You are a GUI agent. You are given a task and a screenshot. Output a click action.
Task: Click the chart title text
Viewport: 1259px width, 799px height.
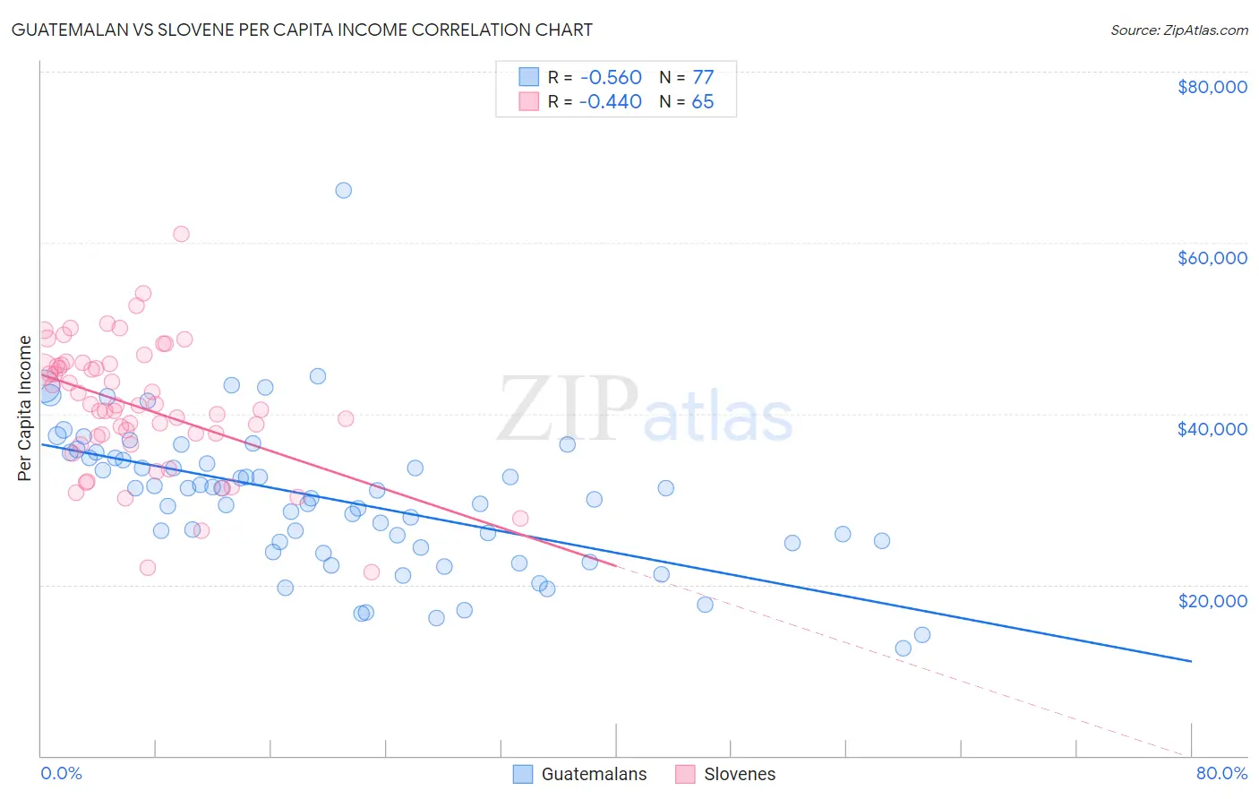pos(301,30)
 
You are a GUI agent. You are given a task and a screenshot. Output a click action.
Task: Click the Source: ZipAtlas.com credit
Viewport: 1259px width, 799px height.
pos(1178,30)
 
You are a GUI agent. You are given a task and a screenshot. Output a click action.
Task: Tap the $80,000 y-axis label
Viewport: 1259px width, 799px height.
pos(1212,87)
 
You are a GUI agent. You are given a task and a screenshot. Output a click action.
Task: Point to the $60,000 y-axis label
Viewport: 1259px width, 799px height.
pos(1212,258)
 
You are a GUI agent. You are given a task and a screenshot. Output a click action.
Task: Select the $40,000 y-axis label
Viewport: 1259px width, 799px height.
pos(1212,429)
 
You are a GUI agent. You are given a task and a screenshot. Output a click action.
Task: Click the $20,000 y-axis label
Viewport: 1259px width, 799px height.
pos(1212,600)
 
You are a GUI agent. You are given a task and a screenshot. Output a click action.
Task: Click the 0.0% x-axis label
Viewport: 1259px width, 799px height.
pos(61,773)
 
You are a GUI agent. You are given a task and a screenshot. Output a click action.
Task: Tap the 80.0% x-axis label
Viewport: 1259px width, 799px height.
pos(1221,773)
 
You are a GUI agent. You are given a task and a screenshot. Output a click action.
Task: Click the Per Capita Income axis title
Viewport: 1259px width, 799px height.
pos(25,408)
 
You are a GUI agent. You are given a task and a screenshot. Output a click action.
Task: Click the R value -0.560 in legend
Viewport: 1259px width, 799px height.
pos(610,77)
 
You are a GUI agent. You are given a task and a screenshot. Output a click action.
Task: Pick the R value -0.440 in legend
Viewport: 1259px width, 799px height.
pos(610,101)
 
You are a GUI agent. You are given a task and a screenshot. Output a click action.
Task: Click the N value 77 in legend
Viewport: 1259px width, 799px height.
pos(703,77)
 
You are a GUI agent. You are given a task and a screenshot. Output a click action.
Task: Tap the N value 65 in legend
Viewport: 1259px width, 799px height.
pos(703,101)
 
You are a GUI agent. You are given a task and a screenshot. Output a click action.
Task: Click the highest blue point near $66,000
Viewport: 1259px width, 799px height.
pos(343,190)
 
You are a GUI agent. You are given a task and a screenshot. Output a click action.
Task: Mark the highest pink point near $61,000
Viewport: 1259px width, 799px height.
pos(181,234)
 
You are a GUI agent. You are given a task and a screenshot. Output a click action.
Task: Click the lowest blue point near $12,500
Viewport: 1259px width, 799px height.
pos(903,648)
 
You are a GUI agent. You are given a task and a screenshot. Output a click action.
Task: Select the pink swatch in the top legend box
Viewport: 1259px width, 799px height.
pos(529,101)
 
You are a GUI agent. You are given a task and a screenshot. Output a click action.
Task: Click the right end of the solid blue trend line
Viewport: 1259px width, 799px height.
pos(1191,661)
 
